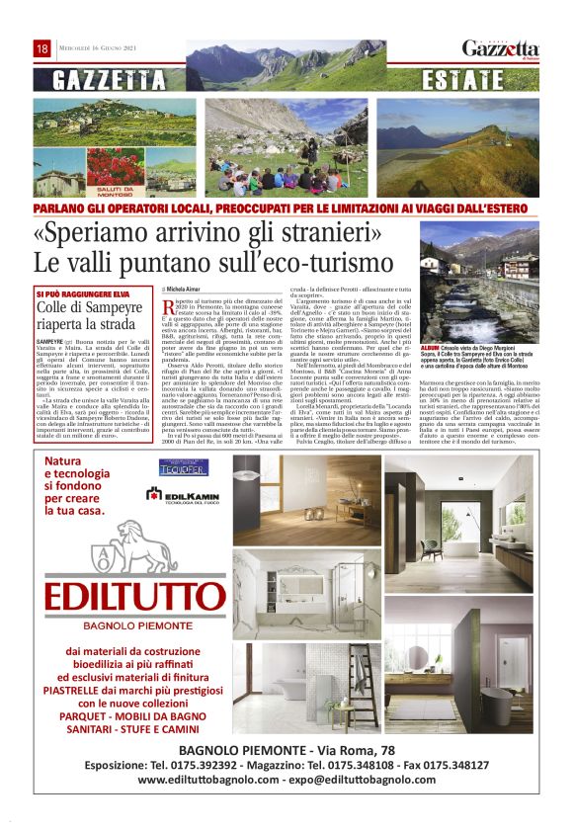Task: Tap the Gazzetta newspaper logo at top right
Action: coord(501,48)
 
